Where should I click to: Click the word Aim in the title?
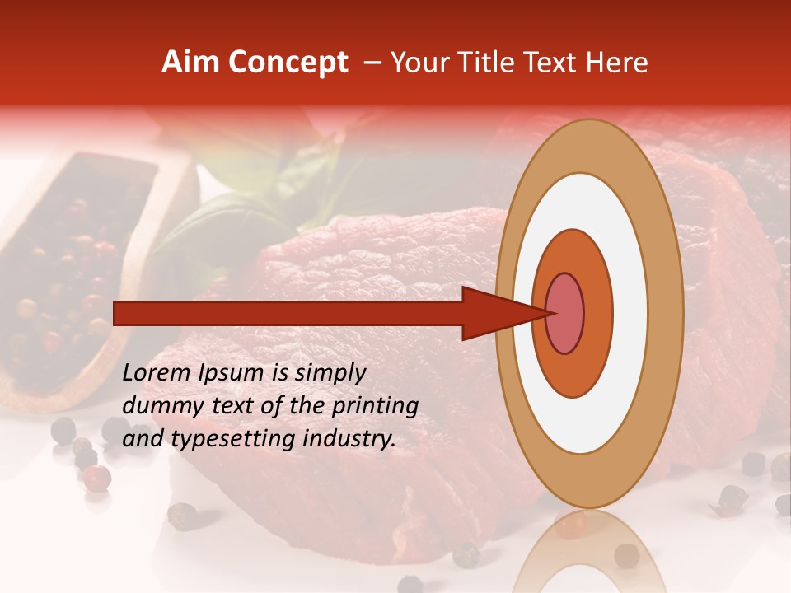pyautogui.click(x=189, y=63)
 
